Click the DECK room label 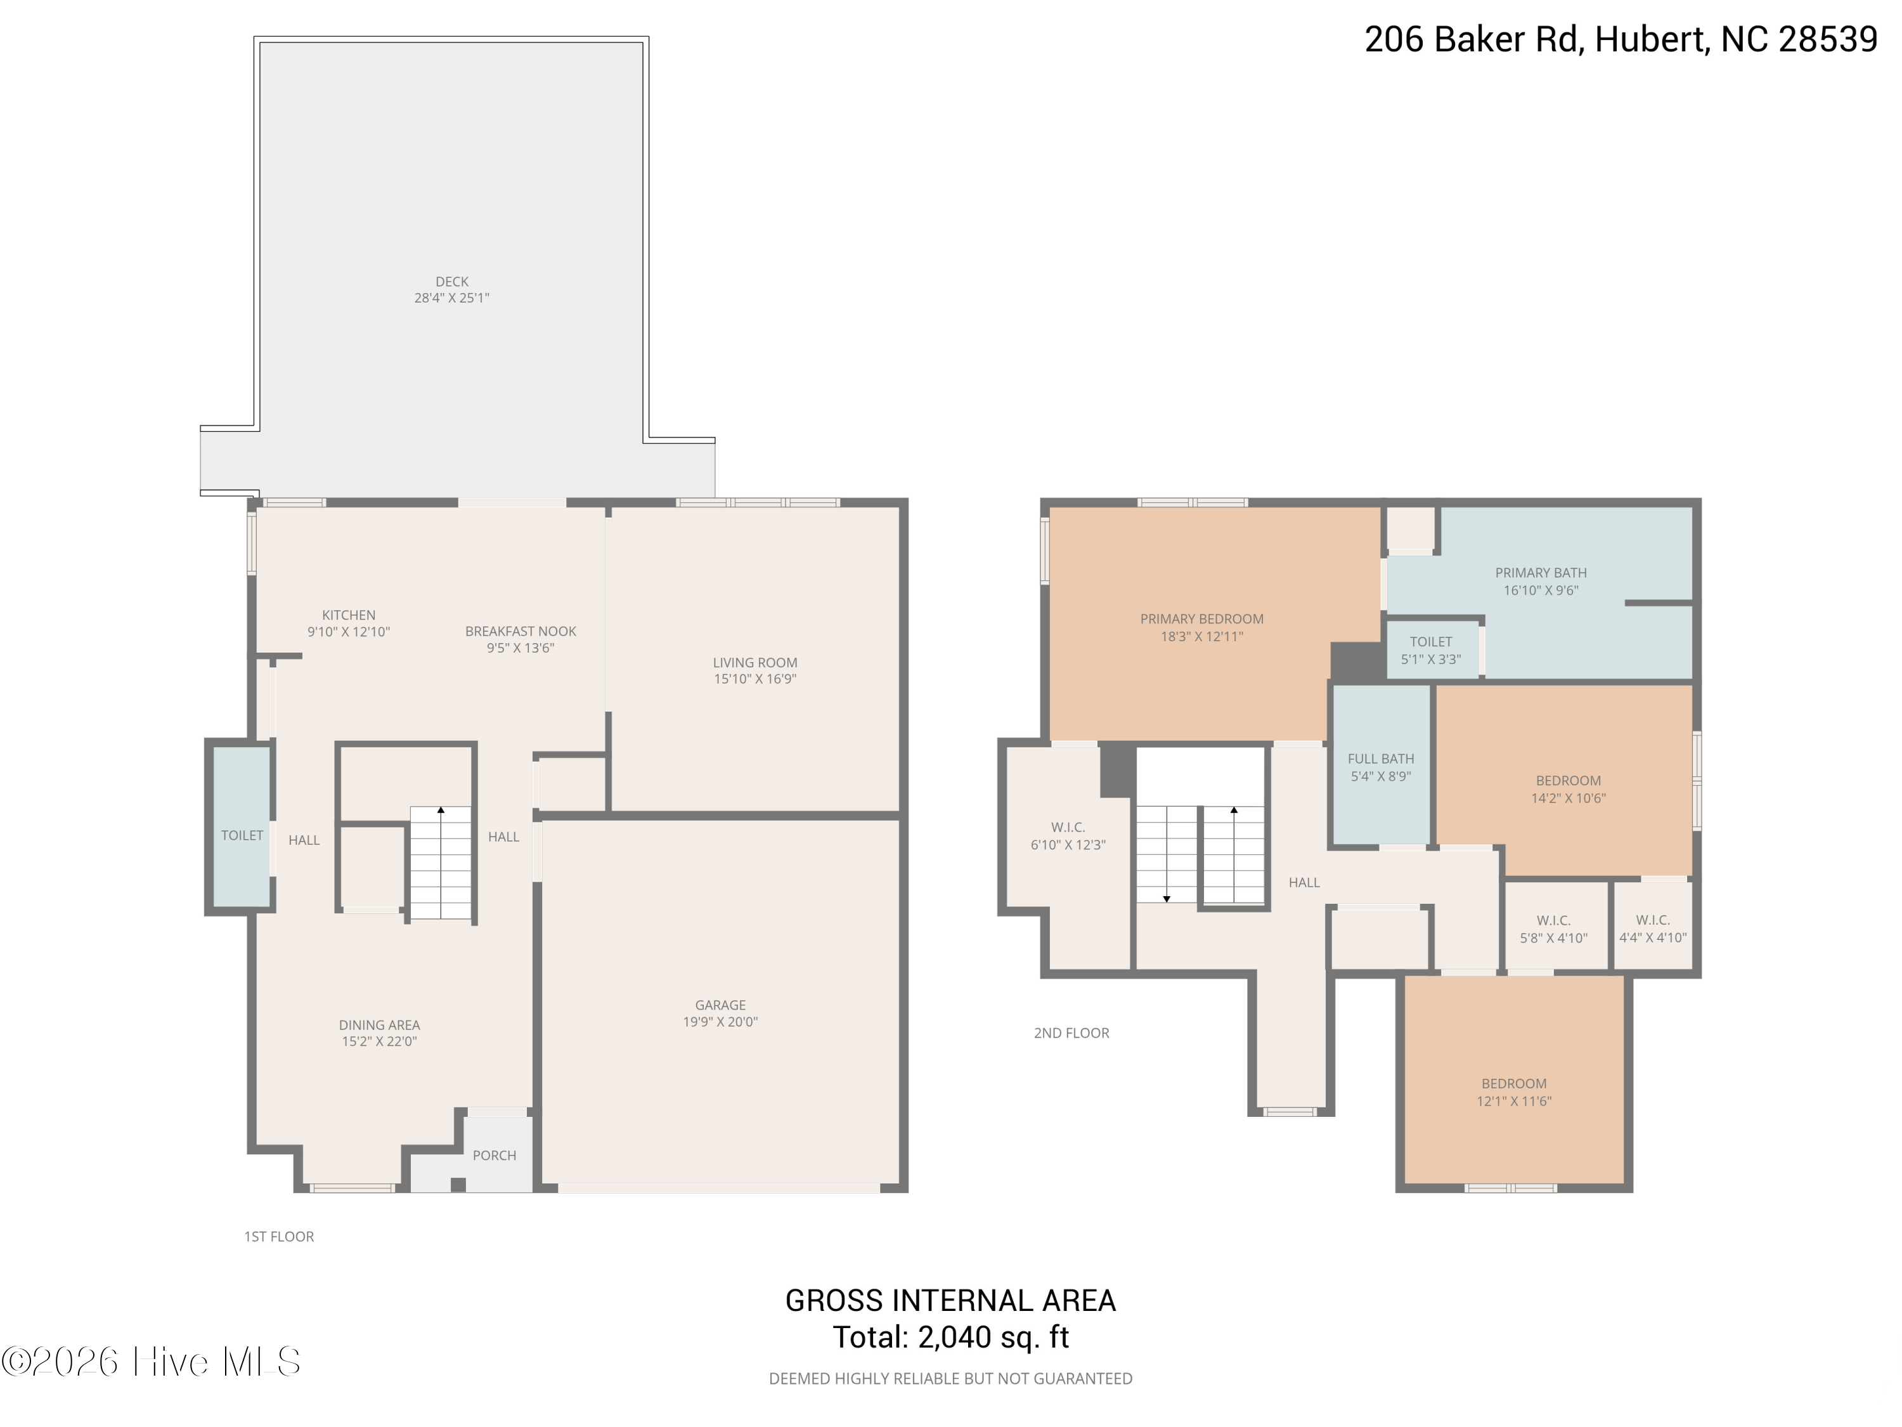(451, 281)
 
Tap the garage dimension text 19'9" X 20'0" (721, 1022)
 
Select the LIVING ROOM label (755, 662)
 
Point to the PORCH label (495, 1155)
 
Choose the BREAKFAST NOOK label (521, 631)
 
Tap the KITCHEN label (348, 615)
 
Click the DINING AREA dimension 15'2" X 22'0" (379, 1041)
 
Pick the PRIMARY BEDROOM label (1202, 618)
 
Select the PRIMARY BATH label (1541, 573)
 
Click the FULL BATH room (1381, 765)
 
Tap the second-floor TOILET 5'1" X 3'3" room (1432, 649)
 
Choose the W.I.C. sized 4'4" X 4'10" (1653, 925)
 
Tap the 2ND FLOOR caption (1071, 1033)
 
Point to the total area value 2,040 (954, 1338)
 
